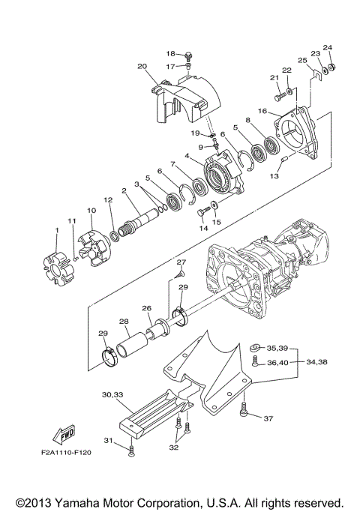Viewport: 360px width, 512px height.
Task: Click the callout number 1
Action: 57,229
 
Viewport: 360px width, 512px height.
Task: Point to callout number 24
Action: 328,47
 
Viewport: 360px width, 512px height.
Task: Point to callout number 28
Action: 123,322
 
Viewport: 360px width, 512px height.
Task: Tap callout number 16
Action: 262,111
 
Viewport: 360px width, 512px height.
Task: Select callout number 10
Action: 91,211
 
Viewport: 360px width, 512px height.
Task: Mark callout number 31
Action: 107,440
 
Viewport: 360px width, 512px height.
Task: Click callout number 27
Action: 180,262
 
